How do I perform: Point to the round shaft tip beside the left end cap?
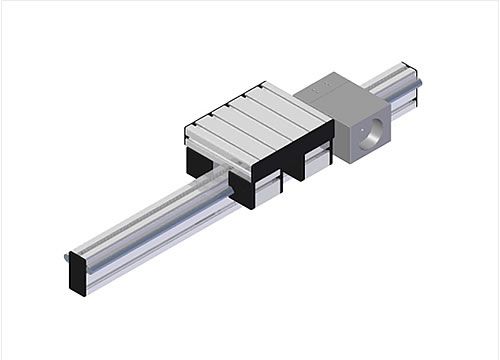coord(66,257)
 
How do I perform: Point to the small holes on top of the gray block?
coord(320,89)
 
